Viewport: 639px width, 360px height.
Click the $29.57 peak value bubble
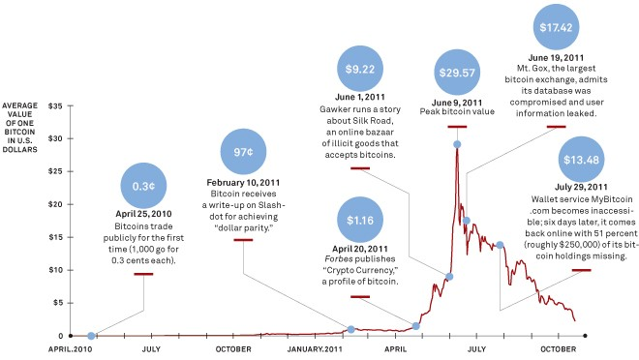click(x=457, y=73)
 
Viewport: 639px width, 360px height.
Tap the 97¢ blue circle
click(x=243, y=152)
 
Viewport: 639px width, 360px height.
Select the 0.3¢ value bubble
click(x=143, y=186)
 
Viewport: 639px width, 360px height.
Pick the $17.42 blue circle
click(x=557, y=27)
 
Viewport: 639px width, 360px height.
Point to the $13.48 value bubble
click(x=581, y=160)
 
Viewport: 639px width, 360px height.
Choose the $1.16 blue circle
click(x=360, y=221)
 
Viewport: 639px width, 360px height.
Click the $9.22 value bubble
click(x=360, y=69)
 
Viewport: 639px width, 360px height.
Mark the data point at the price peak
click(x=457, y=144)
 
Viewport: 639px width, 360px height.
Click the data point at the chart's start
click(x=91, y=336)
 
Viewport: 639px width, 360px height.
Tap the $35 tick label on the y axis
click(x=55, y=105)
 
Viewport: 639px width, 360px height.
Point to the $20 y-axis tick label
click(x=55, y=204)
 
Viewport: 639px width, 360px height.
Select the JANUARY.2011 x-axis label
click(x=315, y=349)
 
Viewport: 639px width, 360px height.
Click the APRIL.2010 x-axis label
click(x=70, y=349)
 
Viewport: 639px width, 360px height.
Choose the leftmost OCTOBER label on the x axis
click(x=233, y=349)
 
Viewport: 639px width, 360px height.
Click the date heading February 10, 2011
click(x=243, y=183)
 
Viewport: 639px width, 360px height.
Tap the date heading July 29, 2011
click(x=581, y=187)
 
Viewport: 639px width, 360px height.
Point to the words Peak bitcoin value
click(x=457, y=111)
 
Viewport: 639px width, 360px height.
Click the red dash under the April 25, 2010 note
click(x=143, y=274)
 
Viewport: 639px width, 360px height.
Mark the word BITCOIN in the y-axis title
click(x=20, y=132)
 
